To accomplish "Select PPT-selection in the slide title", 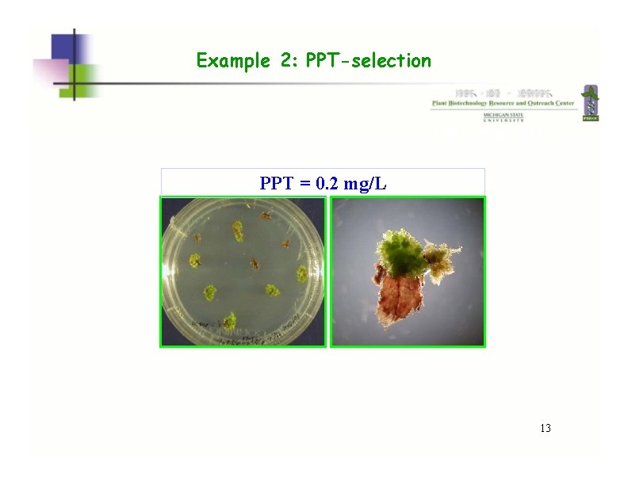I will click(x=368, y=61).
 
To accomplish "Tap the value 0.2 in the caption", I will click(x=328, y=184).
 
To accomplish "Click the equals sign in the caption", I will click(x=305, y=185).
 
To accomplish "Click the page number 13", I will click(x=545, y=429).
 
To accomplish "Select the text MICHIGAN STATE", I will click(x=504, y=115).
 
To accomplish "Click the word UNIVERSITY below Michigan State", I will click(x=504, y=120).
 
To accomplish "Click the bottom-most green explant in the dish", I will click(x=228, y=321).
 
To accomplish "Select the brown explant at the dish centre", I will click(x=254, y=263).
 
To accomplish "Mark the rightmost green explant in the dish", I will click(x=302, y=274).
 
